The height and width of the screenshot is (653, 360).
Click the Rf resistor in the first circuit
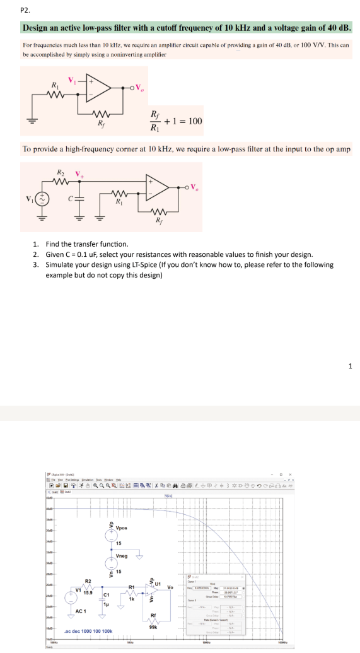[98, 114]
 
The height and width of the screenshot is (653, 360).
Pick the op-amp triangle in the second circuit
[159, 185]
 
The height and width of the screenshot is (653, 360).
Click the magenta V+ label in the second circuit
[79, 173]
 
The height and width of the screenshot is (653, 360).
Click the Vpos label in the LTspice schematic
[122, 527]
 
